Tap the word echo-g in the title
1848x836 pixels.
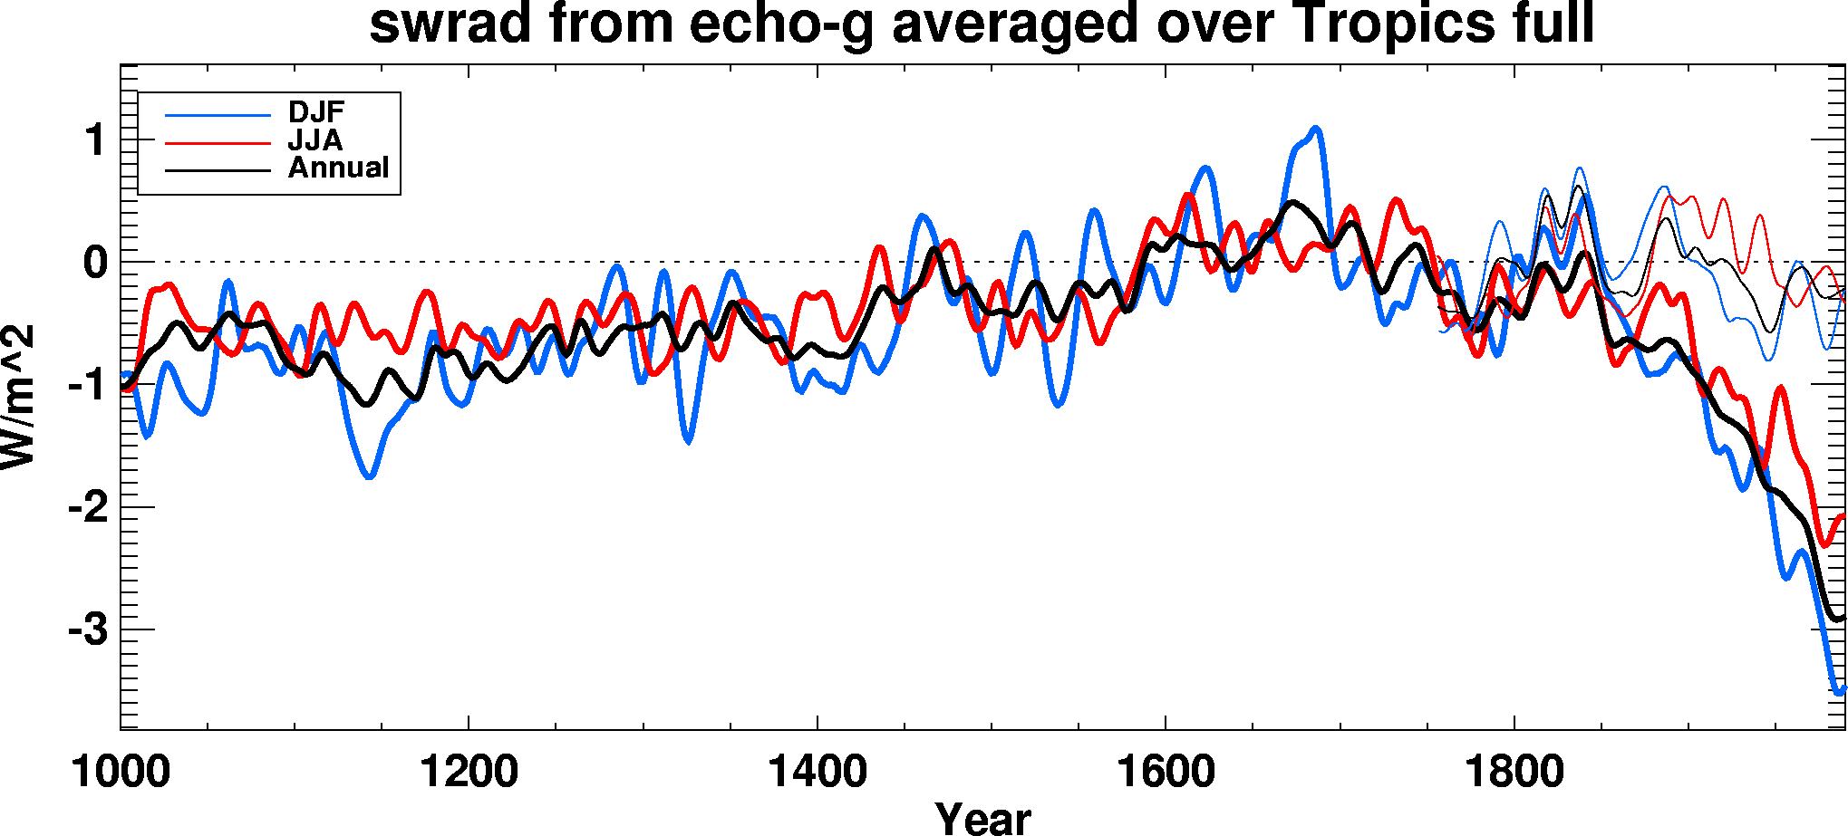(780, 25)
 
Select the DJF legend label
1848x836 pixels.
(316, 112)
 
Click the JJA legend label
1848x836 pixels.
(315, 140)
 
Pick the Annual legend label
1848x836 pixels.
(338, 168)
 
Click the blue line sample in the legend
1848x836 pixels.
(218, 115)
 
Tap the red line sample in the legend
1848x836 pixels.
(218, 142)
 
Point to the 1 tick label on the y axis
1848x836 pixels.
(95, 141)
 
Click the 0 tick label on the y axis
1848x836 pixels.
(95, 264)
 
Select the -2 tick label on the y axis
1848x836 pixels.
(88, 508)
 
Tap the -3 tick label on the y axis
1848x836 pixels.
(88, 630)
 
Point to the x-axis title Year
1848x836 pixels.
(983, 818)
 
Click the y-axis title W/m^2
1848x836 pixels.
(18, 397)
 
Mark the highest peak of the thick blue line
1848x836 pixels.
(1315, 129)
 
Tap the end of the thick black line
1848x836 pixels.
(1843, 618)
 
